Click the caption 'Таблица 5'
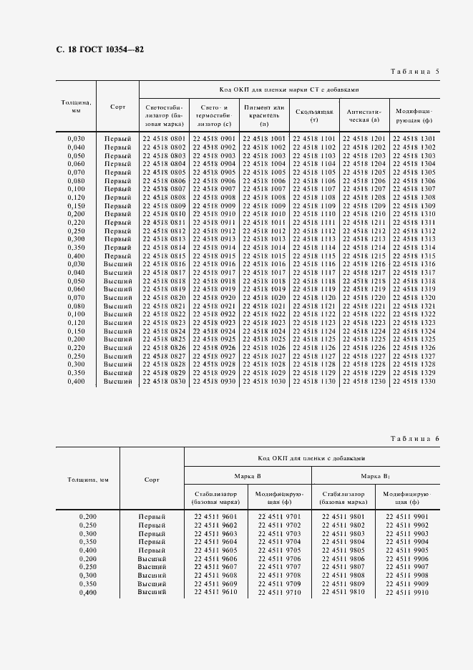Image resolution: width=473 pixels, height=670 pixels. (416, 72)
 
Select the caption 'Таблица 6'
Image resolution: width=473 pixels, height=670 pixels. (416, 438)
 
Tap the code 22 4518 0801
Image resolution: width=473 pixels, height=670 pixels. (164, 138)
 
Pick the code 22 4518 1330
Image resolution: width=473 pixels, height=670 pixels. (414, 382)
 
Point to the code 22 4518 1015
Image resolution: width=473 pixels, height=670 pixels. (264, 256)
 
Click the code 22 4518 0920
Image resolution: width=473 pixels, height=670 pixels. (214, 297)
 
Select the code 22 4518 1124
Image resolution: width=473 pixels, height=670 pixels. (314, 331)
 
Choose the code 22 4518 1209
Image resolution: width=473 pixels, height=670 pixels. (364, 206)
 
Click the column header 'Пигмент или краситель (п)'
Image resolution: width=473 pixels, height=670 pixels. (264, 115)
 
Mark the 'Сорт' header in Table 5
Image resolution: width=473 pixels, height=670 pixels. (118, 107)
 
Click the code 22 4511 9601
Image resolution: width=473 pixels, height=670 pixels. (215, 516)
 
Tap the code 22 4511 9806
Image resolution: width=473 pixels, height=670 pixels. (343, 558)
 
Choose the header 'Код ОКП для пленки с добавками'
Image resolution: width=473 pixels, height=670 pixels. (311, 457)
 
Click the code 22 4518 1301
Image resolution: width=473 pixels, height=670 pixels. (414, 138)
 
